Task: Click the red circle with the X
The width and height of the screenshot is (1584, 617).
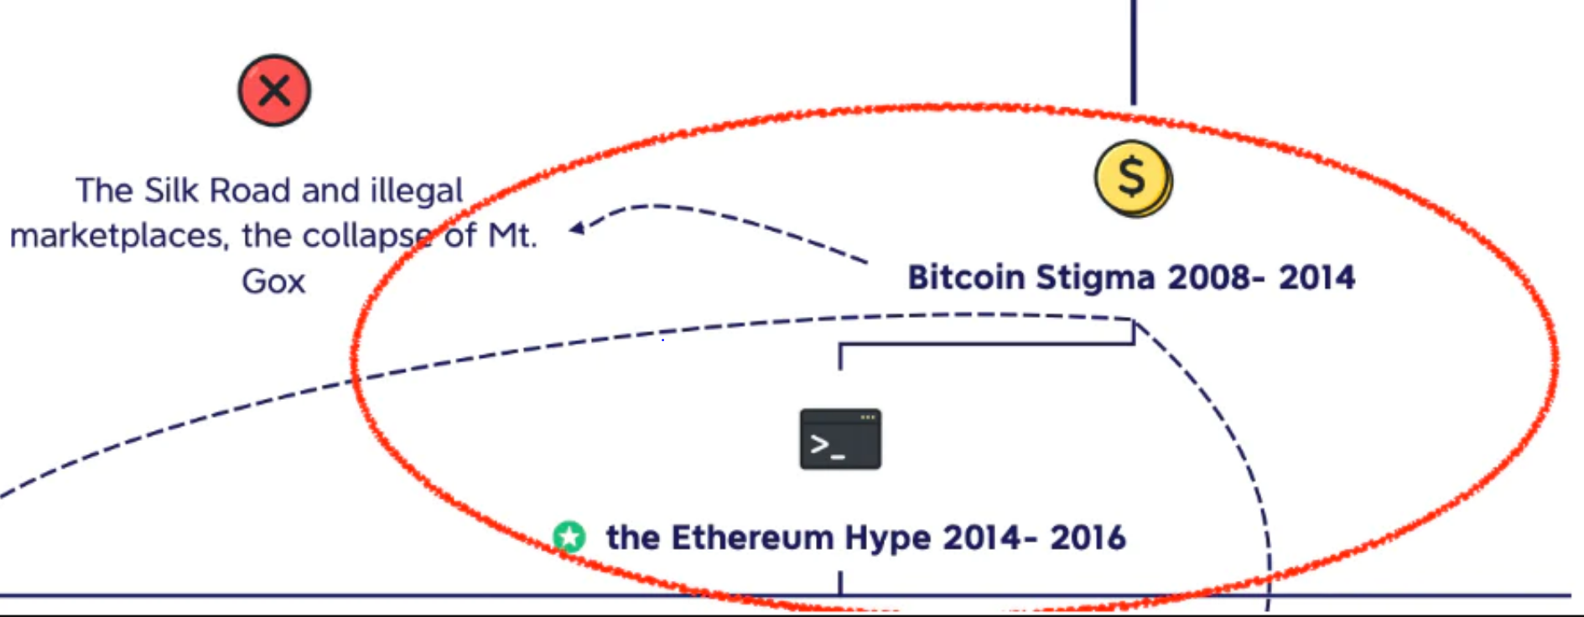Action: [274, 91]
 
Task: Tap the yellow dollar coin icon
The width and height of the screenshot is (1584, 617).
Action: [1134, 179]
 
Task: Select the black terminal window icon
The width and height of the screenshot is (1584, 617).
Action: [840, 439]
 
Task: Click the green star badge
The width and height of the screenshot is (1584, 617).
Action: [569, 537]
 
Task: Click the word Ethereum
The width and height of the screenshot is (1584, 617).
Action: [753, 537]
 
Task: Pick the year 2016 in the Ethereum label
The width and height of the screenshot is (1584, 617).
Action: [1088, 537]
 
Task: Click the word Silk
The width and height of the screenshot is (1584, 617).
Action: [171, 190]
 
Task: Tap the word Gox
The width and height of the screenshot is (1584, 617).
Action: [273, 282]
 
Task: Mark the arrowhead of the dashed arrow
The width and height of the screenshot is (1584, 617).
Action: [577, 227]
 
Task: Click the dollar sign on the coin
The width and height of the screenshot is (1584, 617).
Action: [1131, 177]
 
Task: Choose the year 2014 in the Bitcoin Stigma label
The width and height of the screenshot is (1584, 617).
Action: [1317, 277]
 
